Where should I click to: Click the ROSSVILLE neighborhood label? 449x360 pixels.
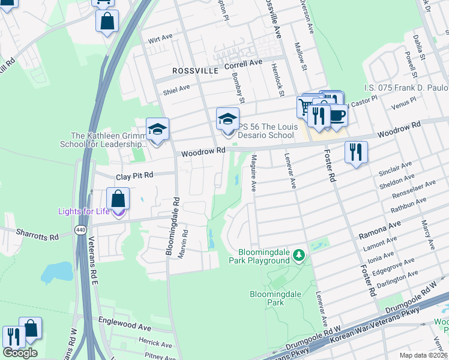coord(195,71)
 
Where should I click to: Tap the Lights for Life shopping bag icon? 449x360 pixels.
coord(119,199)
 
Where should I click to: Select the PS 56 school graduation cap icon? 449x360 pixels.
coord(228,119)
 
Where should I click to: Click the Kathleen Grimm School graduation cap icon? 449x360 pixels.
coord(158,130)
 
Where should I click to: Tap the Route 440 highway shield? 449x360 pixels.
coord(79,230)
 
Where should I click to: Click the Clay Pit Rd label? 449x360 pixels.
coord(135,175)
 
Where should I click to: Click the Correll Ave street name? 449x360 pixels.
coord(243,63)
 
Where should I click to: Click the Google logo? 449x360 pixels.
coord(20,353)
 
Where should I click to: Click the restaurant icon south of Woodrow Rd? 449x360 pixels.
coord(356,152)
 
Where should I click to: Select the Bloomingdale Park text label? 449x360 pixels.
coord(267,298)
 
